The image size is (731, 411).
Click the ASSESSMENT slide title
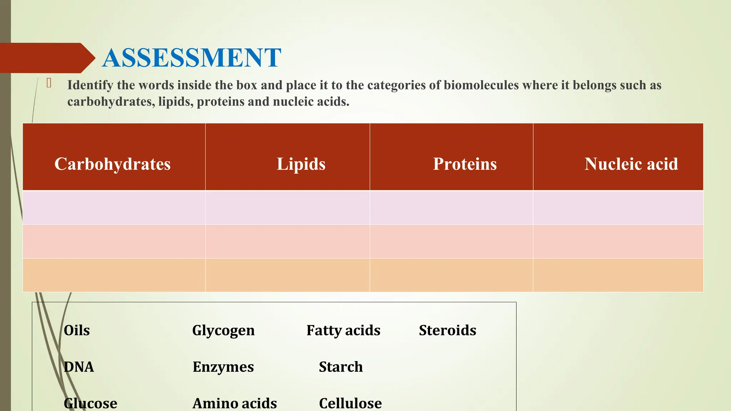[x=192, y=58]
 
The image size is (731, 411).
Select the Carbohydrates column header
[x=112, y=164]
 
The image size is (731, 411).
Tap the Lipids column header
[x=301, y=164]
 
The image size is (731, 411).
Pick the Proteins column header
[x=465, y=164]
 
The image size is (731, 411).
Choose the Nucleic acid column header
[x=631, y=164]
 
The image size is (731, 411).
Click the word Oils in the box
[x=77, y=330]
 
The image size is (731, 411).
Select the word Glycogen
[x=223, y=330]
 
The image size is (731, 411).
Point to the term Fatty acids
[x=343, y=330]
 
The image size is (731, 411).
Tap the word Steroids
[x=448, y=330]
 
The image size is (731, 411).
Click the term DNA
[x=79, y=367]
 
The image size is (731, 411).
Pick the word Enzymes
[x=223, y=367]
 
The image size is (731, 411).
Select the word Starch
[x=341, y=367]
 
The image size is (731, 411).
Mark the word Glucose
[x=91, y=404]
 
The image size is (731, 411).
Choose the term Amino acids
[x=235, y=404]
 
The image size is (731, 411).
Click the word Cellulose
[x=351, y=404]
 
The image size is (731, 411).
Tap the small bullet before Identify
[x=49, y=83]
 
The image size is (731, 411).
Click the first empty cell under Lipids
[x=287, y=208]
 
